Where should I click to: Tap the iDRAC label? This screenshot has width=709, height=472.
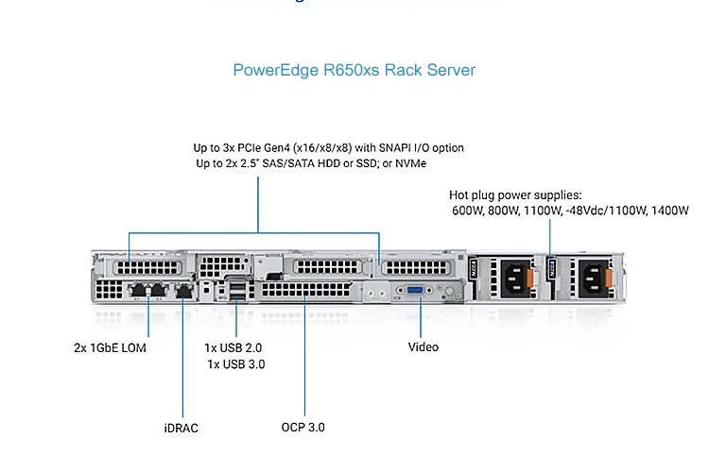coord(181,428)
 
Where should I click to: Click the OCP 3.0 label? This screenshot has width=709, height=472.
coord(303,427)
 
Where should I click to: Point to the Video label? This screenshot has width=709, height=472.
coord(423,346)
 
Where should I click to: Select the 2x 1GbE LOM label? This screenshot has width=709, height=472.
coord(110,346)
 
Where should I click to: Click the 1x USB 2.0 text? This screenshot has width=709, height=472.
coord(233,347)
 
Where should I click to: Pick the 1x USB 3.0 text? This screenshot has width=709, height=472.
coord(236,363)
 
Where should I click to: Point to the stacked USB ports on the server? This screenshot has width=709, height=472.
coord(236,291)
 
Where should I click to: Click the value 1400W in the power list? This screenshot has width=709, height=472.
coord(669,211)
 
